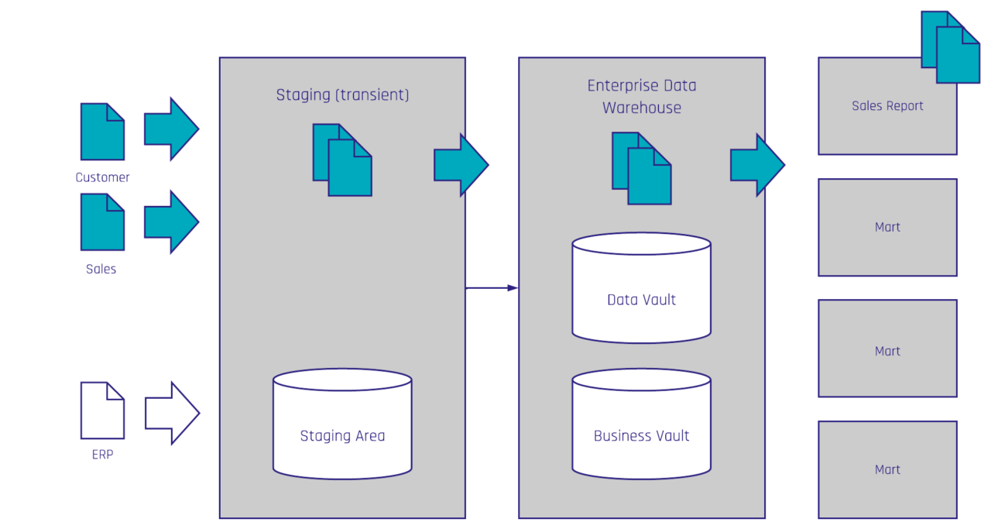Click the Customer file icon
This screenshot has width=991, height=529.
[102, 132]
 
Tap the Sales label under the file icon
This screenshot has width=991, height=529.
[101, 269]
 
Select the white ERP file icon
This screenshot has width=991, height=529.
[102, 410]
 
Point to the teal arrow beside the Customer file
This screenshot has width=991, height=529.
[171, 129]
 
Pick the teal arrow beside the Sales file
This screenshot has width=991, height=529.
[171, 222]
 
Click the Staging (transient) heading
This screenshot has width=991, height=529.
[342, 95]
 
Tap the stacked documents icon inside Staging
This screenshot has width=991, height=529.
[342, 160]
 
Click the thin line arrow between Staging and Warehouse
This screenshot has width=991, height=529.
[492, 288]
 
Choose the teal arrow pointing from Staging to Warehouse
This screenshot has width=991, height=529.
[461, 165]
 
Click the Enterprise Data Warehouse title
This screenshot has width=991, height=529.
[642, 97]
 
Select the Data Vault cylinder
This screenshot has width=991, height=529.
[642, 288]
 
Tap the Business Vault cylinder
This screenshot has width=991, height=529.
[642, 424]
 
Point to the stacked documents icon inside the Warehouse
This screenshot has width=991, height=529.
[642, 168]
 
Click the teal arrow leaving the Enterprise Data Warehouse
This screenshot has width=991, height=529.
[758, 165]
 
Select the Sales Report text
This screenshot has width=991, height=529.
[887, 106]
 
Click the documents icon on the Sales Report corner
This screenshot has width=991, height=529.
[950, 47]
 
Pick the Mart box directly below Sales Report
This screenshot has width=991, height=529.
[887, 227]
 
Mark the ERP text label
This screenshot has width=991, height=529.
[102, 455]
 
